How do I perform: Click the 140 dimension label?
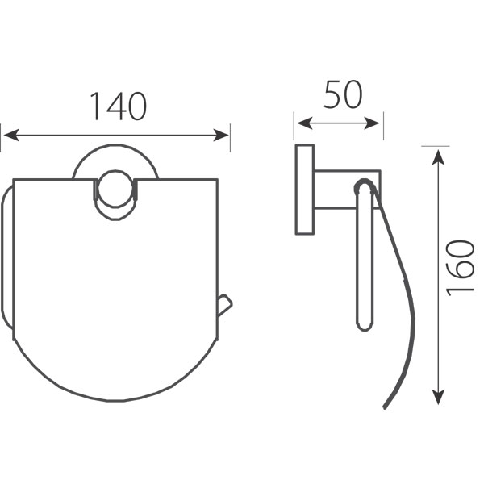point(119,106)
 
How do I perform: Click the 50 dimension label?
point(343,94)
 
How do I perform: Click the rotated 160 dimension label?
point(460,268)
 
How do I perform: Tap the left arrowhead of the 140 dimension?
point(12,136)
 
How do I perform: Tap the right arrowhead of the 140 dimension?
point(221,136)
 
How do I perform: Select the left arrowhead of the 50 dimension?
point(305,123)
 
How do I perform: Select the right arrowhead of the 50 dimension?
point(372,123)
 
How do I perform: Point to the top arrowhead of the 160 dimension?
point(438,157)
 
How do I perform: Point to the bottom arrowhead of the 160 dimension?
point(438,396)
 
